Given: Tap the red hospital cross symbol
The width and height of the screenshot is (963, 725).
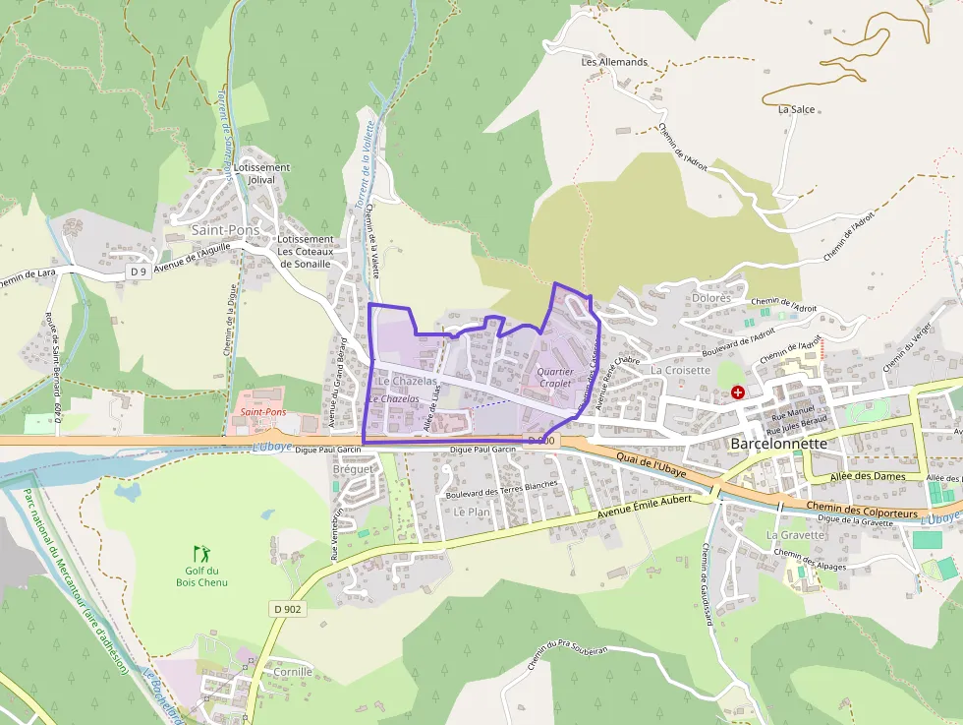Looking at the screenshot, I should point(738,393).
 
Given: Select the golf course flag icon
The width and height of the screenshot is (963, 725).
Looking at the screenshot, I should point(201,553).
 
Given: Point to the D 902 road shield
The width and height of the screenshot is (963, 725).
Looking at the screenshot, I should point(288,609).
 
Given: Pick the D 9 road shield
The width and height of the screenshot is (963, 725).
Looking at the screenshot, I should point(139,271).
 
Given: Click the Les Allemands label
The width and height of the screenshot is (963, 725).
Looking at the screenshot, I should point(614,62).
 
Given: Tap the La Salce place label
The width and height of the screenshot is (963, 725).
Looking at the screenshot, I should point(796,109).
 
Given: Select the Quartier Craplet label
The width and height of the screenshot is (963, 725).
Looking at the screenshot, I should point(555,377).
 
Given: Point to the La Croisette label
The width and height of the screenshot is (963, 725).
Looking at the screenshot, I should point(680,370).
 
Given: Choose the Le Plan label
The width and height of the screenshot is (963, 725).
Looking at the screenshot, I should point(472,512).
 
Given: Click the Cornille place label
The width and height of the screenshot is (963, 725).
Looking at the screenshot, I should point(293,672).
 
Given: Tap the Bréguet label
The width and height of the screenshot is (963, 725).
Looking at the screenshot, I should point(353,469).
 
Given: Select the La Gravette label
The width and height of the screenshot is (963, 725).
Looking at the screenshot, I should point(795,535).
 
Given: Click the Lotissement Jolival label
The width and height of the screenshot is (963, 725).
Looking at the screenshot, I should point(261,173).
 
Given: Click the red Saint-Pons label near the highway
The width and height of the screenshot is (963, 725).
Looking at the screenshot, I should point(263,412).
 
